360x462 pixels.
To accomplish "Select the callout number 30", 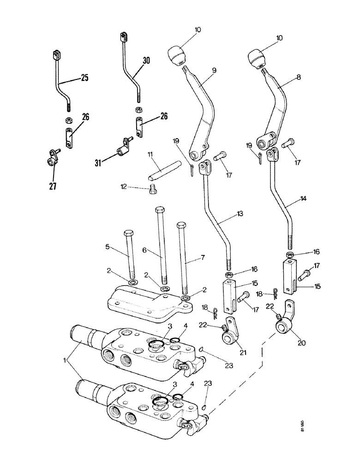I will (x=146, y=60).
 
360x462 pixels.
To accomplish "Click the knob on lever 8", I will (x=257, y=59).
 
